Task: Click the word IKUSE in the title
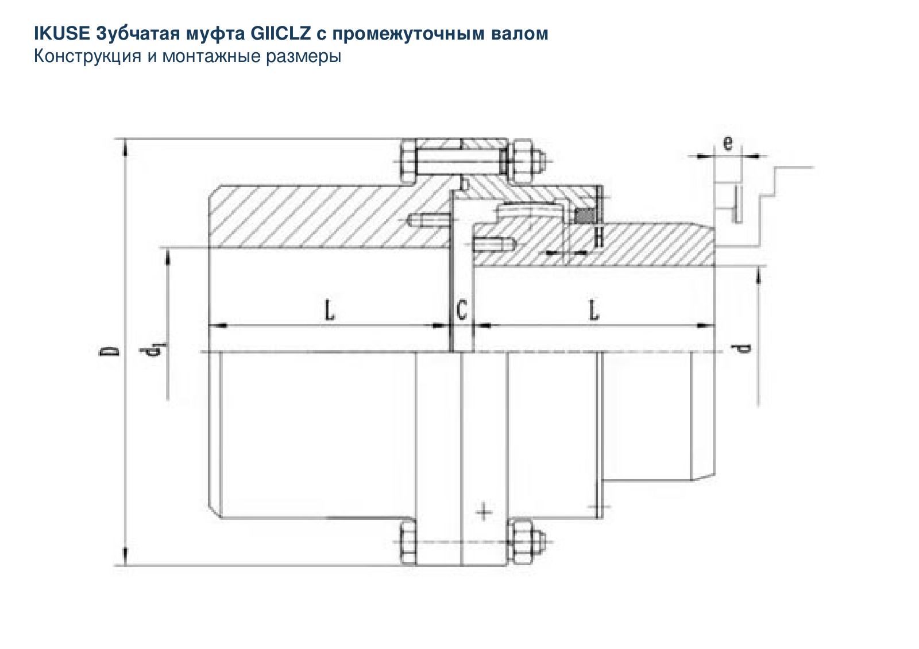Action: (x=61, y=33)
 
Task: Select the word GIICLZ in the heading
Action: (x=281, y=33)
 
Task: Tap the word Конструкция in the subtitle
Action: (x=87, y=56)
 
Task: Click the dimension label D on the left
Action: (x=109, y=351)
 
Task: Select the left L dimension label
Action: (x=330, y=310)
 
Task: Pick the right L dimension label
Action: (x=593, y=310)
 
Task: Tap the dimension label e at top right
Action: (x=727, y=143)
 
